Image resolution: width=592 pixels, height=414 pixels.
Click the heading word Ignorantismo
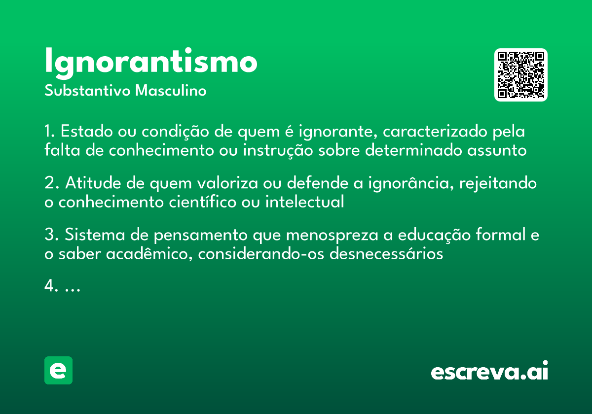(150, 62)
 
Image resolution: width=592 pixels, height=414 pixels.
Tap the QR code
(521, 75)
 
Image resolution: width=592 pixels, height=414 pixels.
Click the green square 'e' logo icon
(58, 370)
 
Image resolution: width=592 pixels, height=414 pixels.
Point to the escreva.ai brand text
(489, 371)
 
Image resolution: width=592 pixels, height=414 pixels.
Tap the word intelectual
(304, 202)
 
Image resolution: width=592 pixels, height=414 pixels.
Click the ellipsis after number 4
(73, 287)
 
